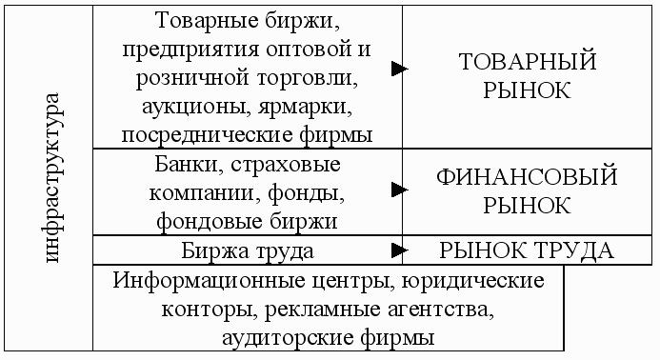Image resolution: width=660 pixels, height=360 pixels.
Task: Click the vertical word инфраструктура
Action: click(53, 178)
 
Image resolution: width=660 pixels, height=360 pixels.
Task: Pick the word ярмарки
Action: click(305, 108)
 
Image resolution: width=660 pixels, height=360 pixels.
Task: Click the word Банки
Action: click(189, 164)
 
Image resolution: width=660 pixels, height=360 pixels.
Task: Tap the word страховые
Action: click(285, 165)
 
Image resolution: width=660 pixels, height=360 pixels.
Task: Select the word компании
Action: click(205, 193)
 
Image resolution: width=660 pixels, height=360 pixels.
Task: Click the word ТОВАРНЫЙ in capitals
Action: click(527, 62)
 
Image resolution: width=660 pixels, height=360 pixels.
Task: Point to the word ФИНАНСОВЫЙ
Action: click(527, 177)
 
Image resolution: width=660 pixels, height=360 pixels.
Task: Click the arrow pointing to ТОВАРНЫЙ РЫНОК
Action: click(399, 69)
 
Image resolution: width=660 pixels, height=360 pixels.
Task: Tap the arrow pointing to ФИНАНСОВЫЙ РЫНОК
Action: click(399, 190)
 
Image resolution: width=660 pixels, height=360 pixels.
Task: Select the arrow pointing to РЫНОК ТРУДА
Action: click(399, 250)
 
